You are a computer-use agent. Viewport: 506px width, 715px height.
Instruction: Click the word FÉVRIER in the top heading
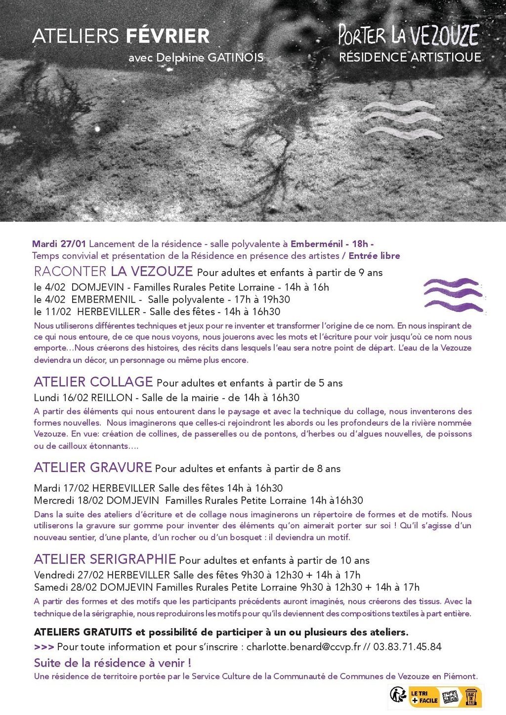(x=168, y=36)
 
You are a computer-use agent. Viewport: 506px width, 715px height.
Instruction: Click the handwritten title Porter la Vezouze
(x=409, y=35)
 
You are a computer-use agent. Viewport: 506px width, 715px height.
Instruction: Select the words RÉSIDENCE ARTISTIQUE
(x=410, y=57)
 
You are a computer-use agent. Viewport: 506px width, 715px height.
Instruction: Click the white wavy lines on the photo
(x=402, y=119)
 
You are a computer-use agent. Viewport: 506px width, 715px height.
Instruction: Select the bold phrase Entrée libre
(x=374, y=256)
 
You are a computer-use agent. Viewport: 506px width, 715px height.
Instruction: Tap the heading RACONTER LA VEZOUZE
(x=113, y=271)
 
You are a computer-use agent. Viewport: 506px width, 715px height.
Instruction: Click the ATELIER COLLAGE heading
(x=93, y=382)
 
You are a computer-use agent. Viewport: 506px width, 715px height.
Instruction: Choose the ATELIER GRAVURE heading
(x=93, y=467)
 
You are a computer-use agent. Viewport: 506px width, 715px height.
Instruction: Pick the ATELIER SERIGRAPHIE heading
(x=105, y=559)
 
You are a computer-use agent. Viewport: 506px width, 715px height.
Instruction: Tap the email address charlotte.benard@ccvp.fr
(x=303, y=647)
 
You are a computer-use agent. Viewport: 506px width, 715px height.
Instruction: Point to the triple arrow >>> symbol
(x=44, y=647)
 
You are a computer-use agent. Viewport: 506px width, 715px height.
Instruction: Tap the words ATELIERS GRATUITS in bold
(x=83, y=632)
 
